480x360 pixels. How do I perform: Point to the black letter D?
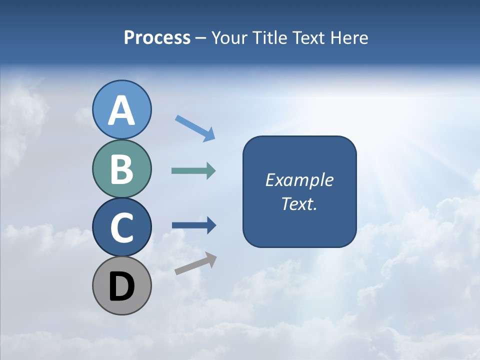(x=122, y=286)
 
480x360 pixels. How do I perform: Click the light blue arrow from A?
(x=195, y=128)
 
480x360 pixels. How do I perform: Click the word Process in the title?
(x=157, y=38)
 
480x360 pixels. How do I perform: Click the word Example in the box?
(x=299, y=180)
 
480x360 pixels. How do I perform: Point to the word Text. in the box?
(x=299, y=203)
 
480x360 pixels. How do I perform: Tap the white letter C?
(x=122, y=228)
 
